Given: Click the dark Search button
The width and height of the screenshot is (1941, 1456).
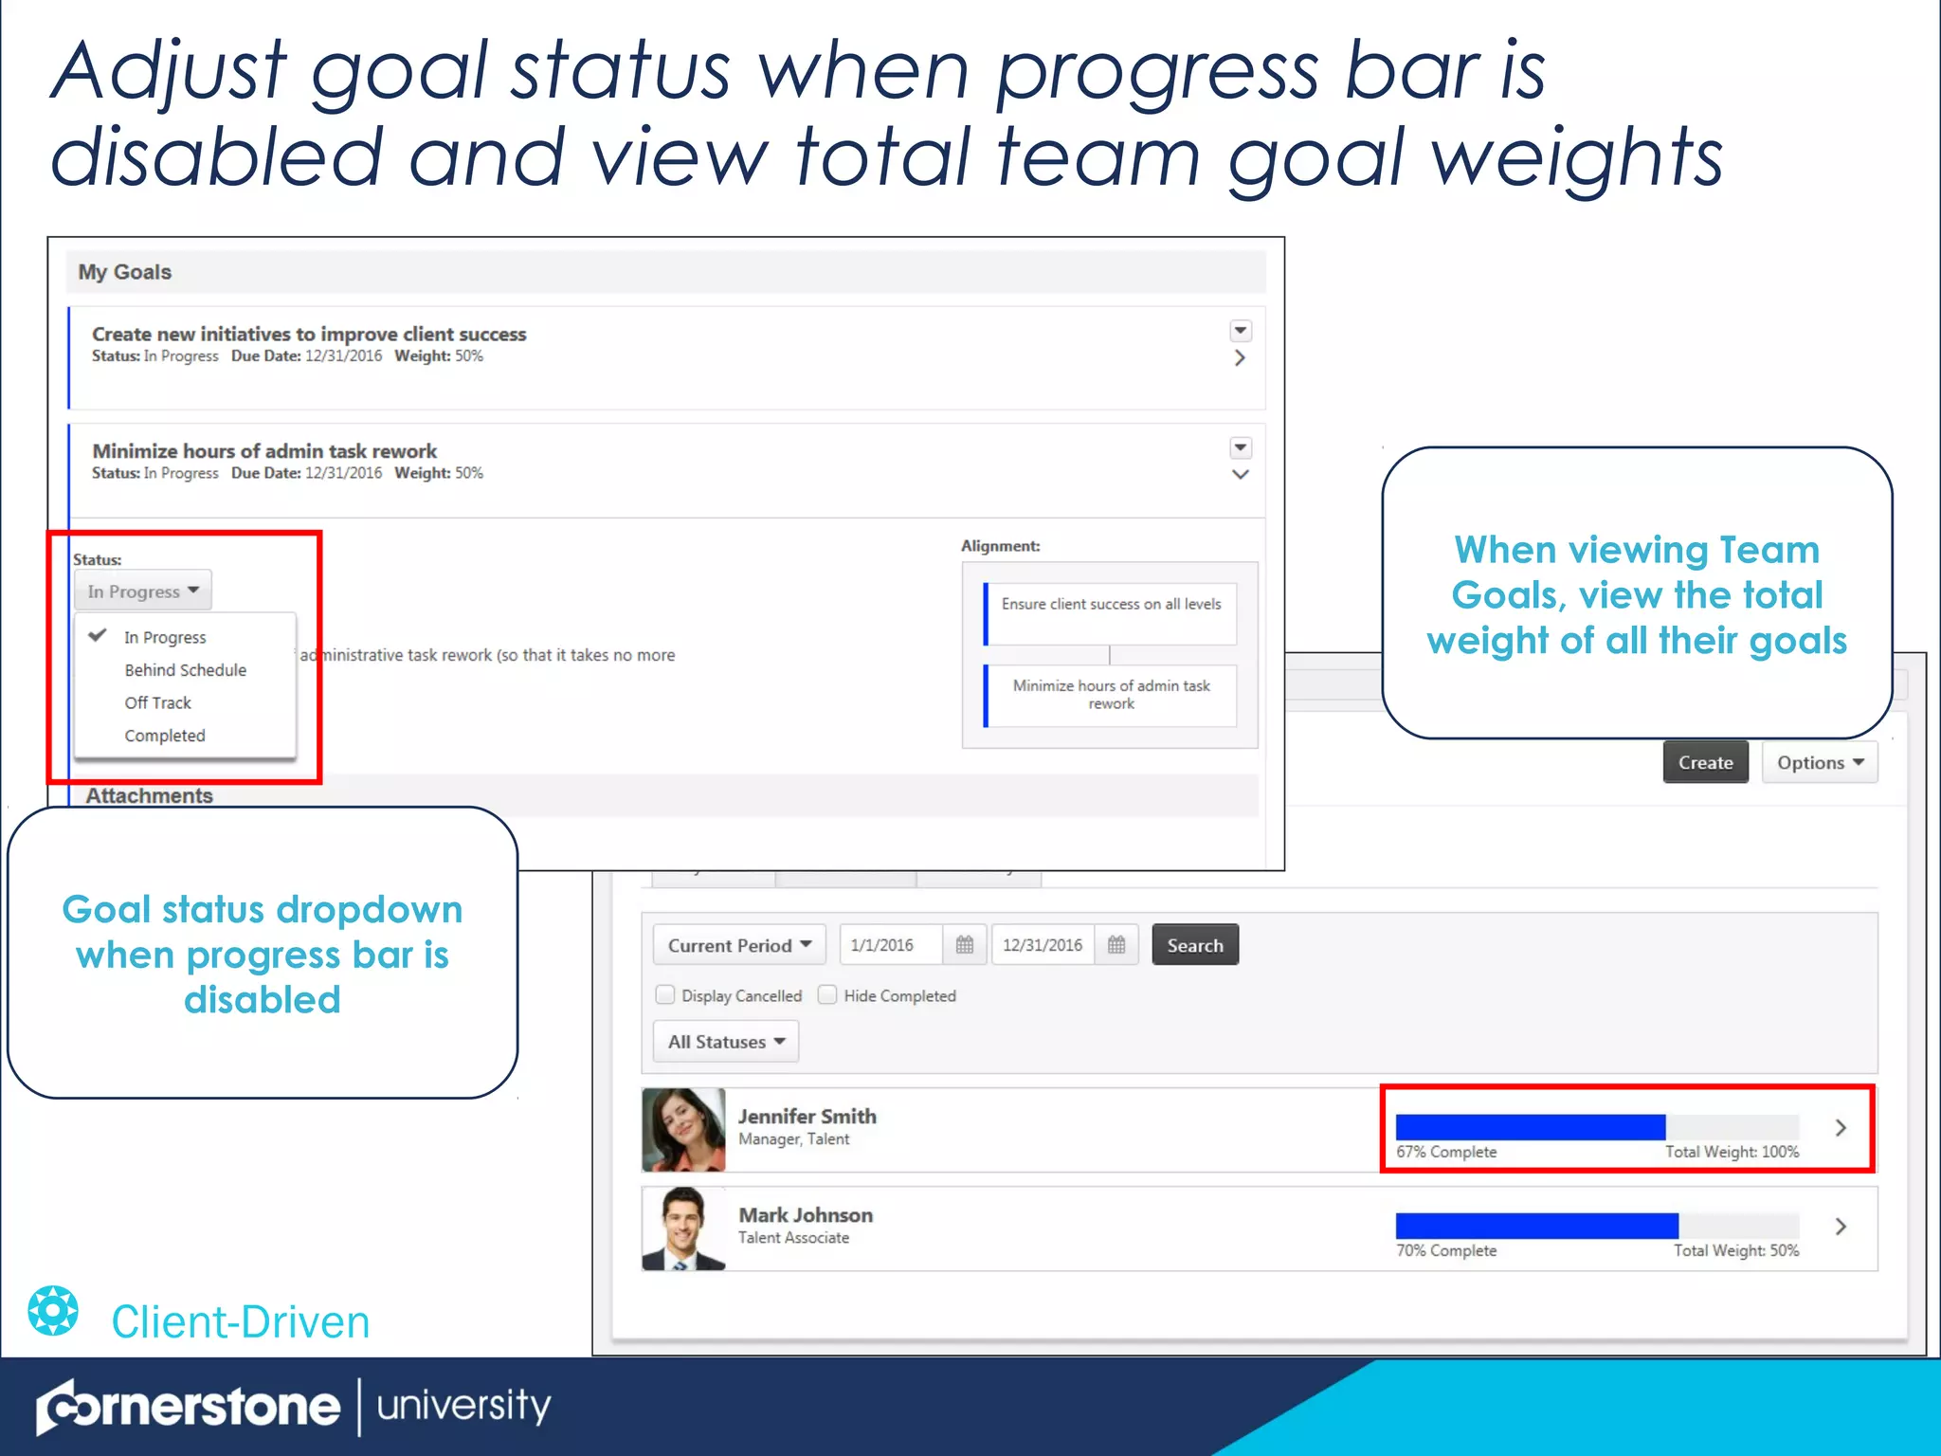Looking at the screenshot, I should click(1194, 945).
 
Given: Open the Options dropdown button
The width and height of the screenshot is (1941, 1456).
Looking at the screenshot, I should click(1819, 763).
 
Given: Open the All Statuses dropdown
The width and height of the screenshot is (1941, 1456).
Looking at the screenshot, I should click(726, 1042).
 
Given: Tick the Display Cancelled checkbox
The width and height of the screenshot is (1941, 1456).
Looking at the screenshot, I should click(665, 995).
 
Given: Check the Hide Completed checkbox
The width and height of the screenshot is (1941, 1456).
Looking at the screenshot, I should click(827, 995).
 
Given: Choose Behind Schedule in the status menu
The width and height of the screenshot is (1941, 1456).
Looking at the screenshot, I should click(185, 670).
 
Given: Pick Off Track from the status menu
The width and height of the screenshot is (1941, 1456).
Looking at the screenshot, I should click(157, 702).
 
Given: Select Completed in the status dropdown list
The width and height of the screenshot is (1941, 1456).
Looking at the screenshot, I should click(164, 736).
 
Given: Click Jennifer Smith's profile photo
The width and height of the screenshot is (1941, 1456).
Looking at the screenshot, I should click(683, 1129).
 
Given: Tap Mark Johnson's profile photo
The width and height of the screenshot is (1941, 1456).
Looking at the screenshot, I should click(683, 1228).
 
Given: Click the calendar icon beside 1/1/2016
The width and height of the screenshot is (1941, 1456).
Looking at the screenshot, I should click(965, 945).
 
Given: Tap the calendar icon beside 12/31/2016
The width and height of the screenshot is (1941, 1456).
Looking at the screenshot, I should click(1116, 945).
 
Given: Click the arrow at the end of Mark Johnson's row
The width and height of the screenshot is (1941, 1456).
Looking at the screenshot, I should click(1841, 1227).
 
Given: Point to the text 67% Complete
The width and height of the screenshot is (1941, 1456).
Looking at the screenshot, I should click(1446, 1152).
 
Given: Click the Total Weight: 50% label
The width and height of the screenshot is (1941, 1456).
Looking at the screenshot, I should click(1735, 1250).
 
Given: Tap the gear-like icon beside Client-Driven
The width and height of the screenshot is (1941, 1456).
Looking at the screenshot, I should click(53, 1311).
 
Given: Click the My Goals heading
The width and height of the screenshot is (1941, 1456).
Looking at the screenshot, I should click(125, 272).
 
